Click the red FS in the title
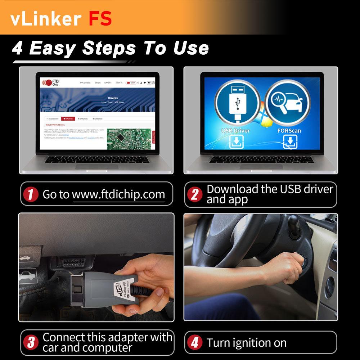click(100, 18)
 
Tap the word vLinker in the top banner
click(46, 18)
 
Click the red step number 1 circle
click(31, 195)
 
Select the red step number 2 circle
click(195, 195)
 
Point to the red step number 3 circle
click(31, 342)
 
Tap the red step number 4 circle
click(195, 342)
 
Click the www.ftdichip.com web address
click(118, 195)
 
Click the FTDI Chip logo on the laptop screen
click(50, 82)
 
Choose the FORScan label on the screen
click(289, 130)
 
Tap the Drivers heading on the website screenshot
click(113, 98)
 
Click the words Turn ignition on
click(247, 343)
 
